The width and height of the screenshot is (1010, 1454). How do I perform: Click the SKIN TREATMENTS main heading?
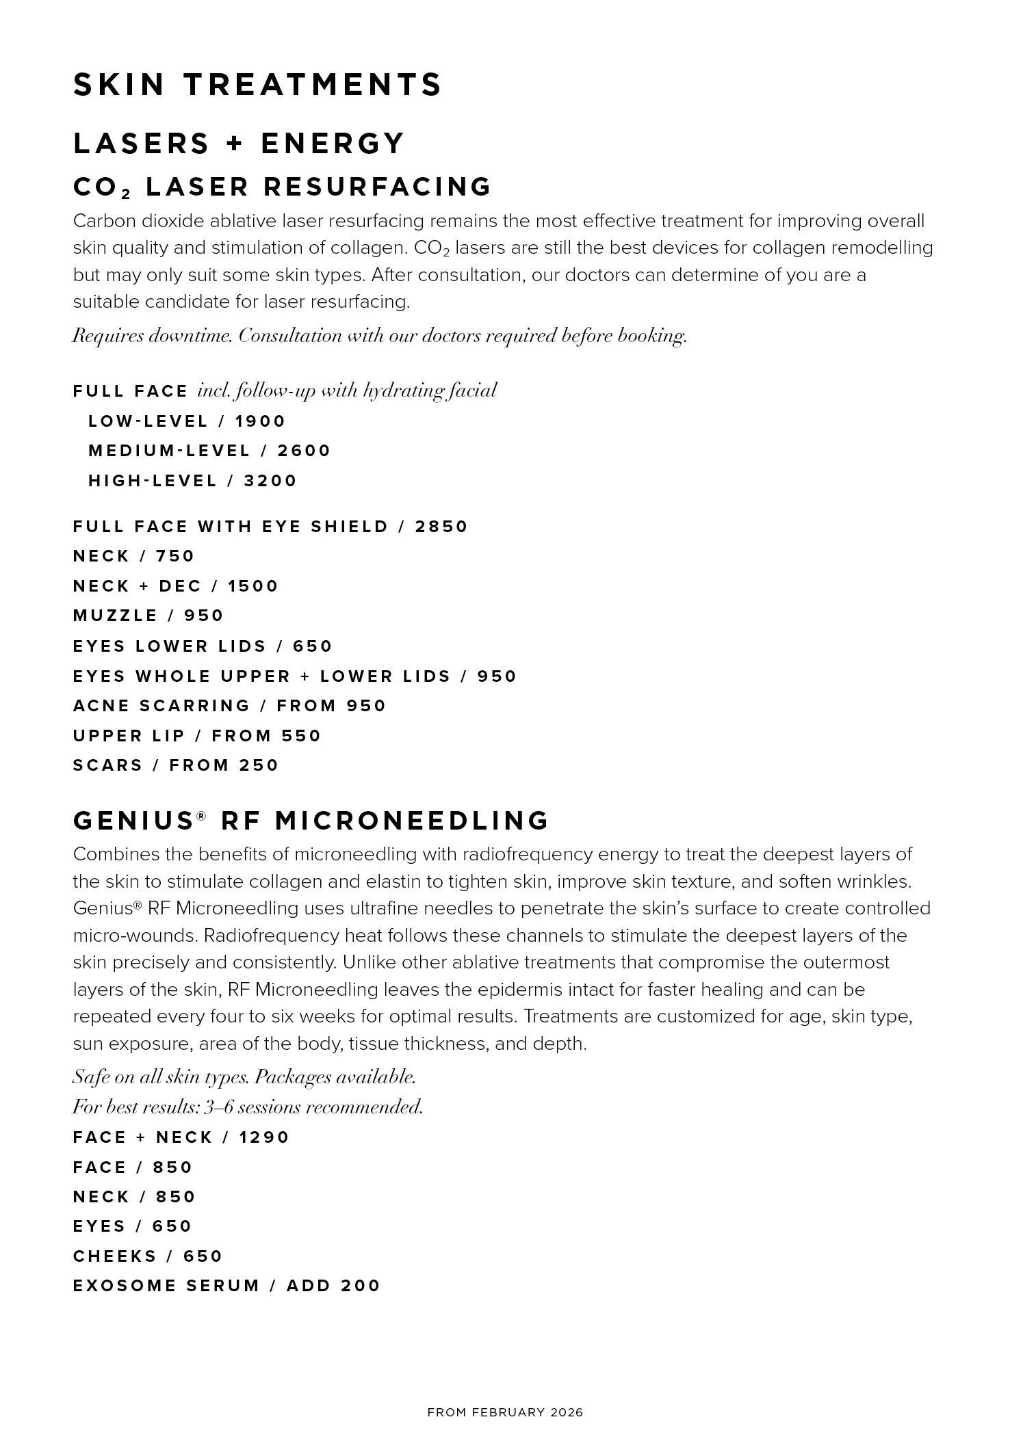coord(257,85)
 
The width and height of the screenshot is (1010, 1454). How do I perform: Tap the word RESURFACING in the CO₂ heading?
coord(377,186)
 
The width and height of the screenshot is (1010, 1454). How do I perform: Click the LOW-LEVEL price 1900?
coord(260,421)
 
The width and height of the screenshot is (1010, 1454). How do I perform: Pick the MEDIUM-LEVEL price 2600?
coord(304,451)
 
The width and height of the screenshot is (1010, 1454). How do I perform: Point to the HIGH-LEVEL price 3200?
coord(270,481)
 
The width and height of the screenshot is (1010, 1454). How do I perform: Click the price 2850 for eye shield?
coord(441,527)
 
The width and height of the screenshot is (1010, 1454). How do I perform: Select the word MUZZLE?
coord(116,616)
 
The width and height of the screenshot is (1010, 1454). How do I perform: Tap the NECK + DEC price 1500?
coord(253,586)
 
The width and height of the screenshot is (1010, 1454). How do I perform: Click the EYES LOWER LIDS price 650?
coord(313,646)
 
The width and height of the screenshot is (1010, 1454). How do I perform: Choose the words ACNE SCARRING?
coord(161,706)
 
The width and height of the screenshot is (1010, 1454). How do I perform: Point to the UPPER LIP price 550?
coord(301,736)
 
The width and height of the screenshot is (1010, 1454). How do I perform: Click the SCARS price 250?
coord(259,765)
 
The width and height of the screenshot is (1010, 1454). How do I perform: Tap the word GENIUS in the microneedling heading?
coord(134,821)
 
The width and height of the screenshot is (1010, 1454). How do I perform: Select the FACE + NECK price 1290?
coord(264,1137)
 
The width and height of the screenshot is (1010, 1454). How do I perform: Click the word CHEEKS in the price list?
coord(115,1256)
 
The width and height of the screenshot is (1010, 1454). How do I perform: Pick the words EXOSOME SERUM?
coord(166,1286)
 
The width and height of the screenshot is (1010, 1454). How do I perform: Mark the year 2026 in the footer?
coord(567,1412)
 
